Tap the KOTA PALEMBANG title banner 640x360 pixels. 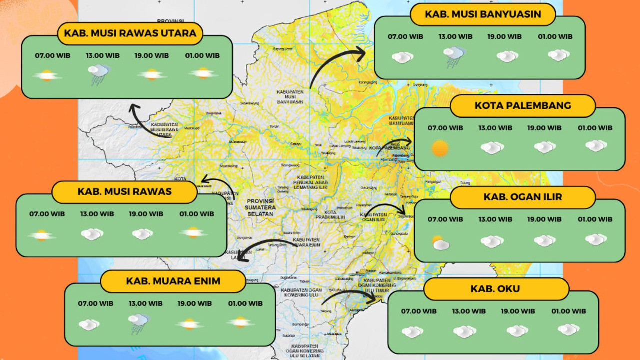point(523,106)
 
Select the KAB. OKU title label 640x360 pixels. point(495,289)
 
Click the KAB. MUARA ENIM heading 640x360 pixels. point(173,281)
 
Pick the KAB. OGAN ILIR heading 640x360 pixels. point(523,197)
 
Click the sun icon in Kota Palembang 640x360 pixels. point(440,148)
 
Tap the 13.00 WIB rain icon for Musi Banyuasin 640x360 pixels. point(454,55)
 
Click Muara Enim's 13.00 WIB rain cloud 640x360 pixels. point(139,323)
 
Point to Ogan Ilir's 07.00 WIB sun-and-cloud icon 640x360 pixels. point(440,243)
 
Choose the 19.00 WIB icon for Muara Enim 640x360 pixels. point(189,324)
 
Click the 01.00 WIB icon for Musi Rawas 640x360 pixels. point(193,233)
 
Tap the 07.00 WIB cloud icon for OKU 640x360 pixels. point(412,332)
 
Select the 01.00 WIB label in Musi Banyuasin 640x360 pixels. point(555,36)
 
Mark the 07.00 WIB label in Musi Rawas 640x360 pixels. point(47,214)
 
